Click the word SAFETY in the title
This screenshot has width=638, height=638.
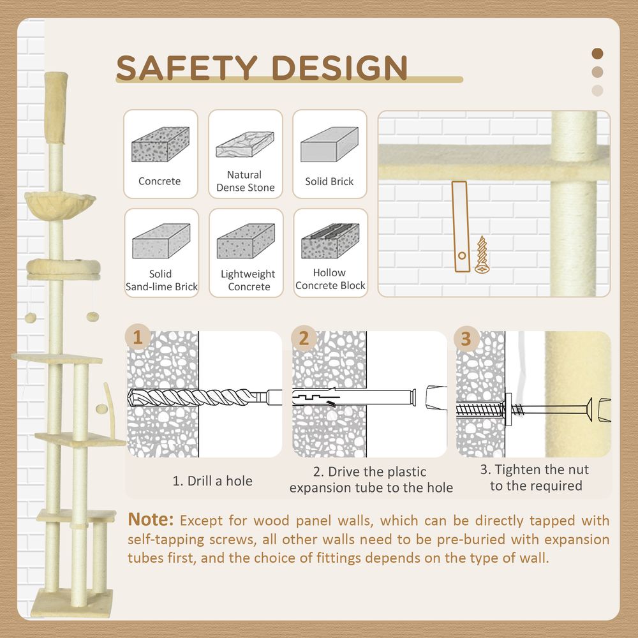coord(187,68)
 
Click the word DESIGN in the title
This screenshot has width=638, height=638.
coord(339,68)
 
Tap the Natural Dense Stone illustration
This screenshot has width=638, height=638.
coord(245,145)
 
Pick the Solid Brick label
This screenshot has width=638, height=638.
coord(329,181)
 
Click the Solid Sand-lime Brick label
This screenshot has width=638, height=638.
coord(161,281)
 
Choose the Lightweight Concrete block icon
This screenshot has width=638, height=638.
coord(246,241)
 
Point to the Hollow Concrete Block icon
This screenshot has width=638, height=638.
coord(330,241)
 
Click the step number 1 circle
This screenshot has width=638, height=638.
coord(138,337)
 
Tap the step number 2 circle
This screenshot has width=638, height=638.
coord(303,338)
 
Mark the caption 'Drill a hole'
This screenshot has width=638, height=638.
coord(212,481)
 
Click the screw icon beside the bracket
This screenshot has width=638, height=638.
coord(480,255)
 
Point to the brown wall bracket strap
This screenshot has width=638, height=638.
coord(459,227)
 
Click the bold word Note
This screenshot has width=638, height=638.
coord(151,519)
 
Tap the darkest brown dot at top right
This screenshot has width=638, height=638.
coord(597,54)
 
